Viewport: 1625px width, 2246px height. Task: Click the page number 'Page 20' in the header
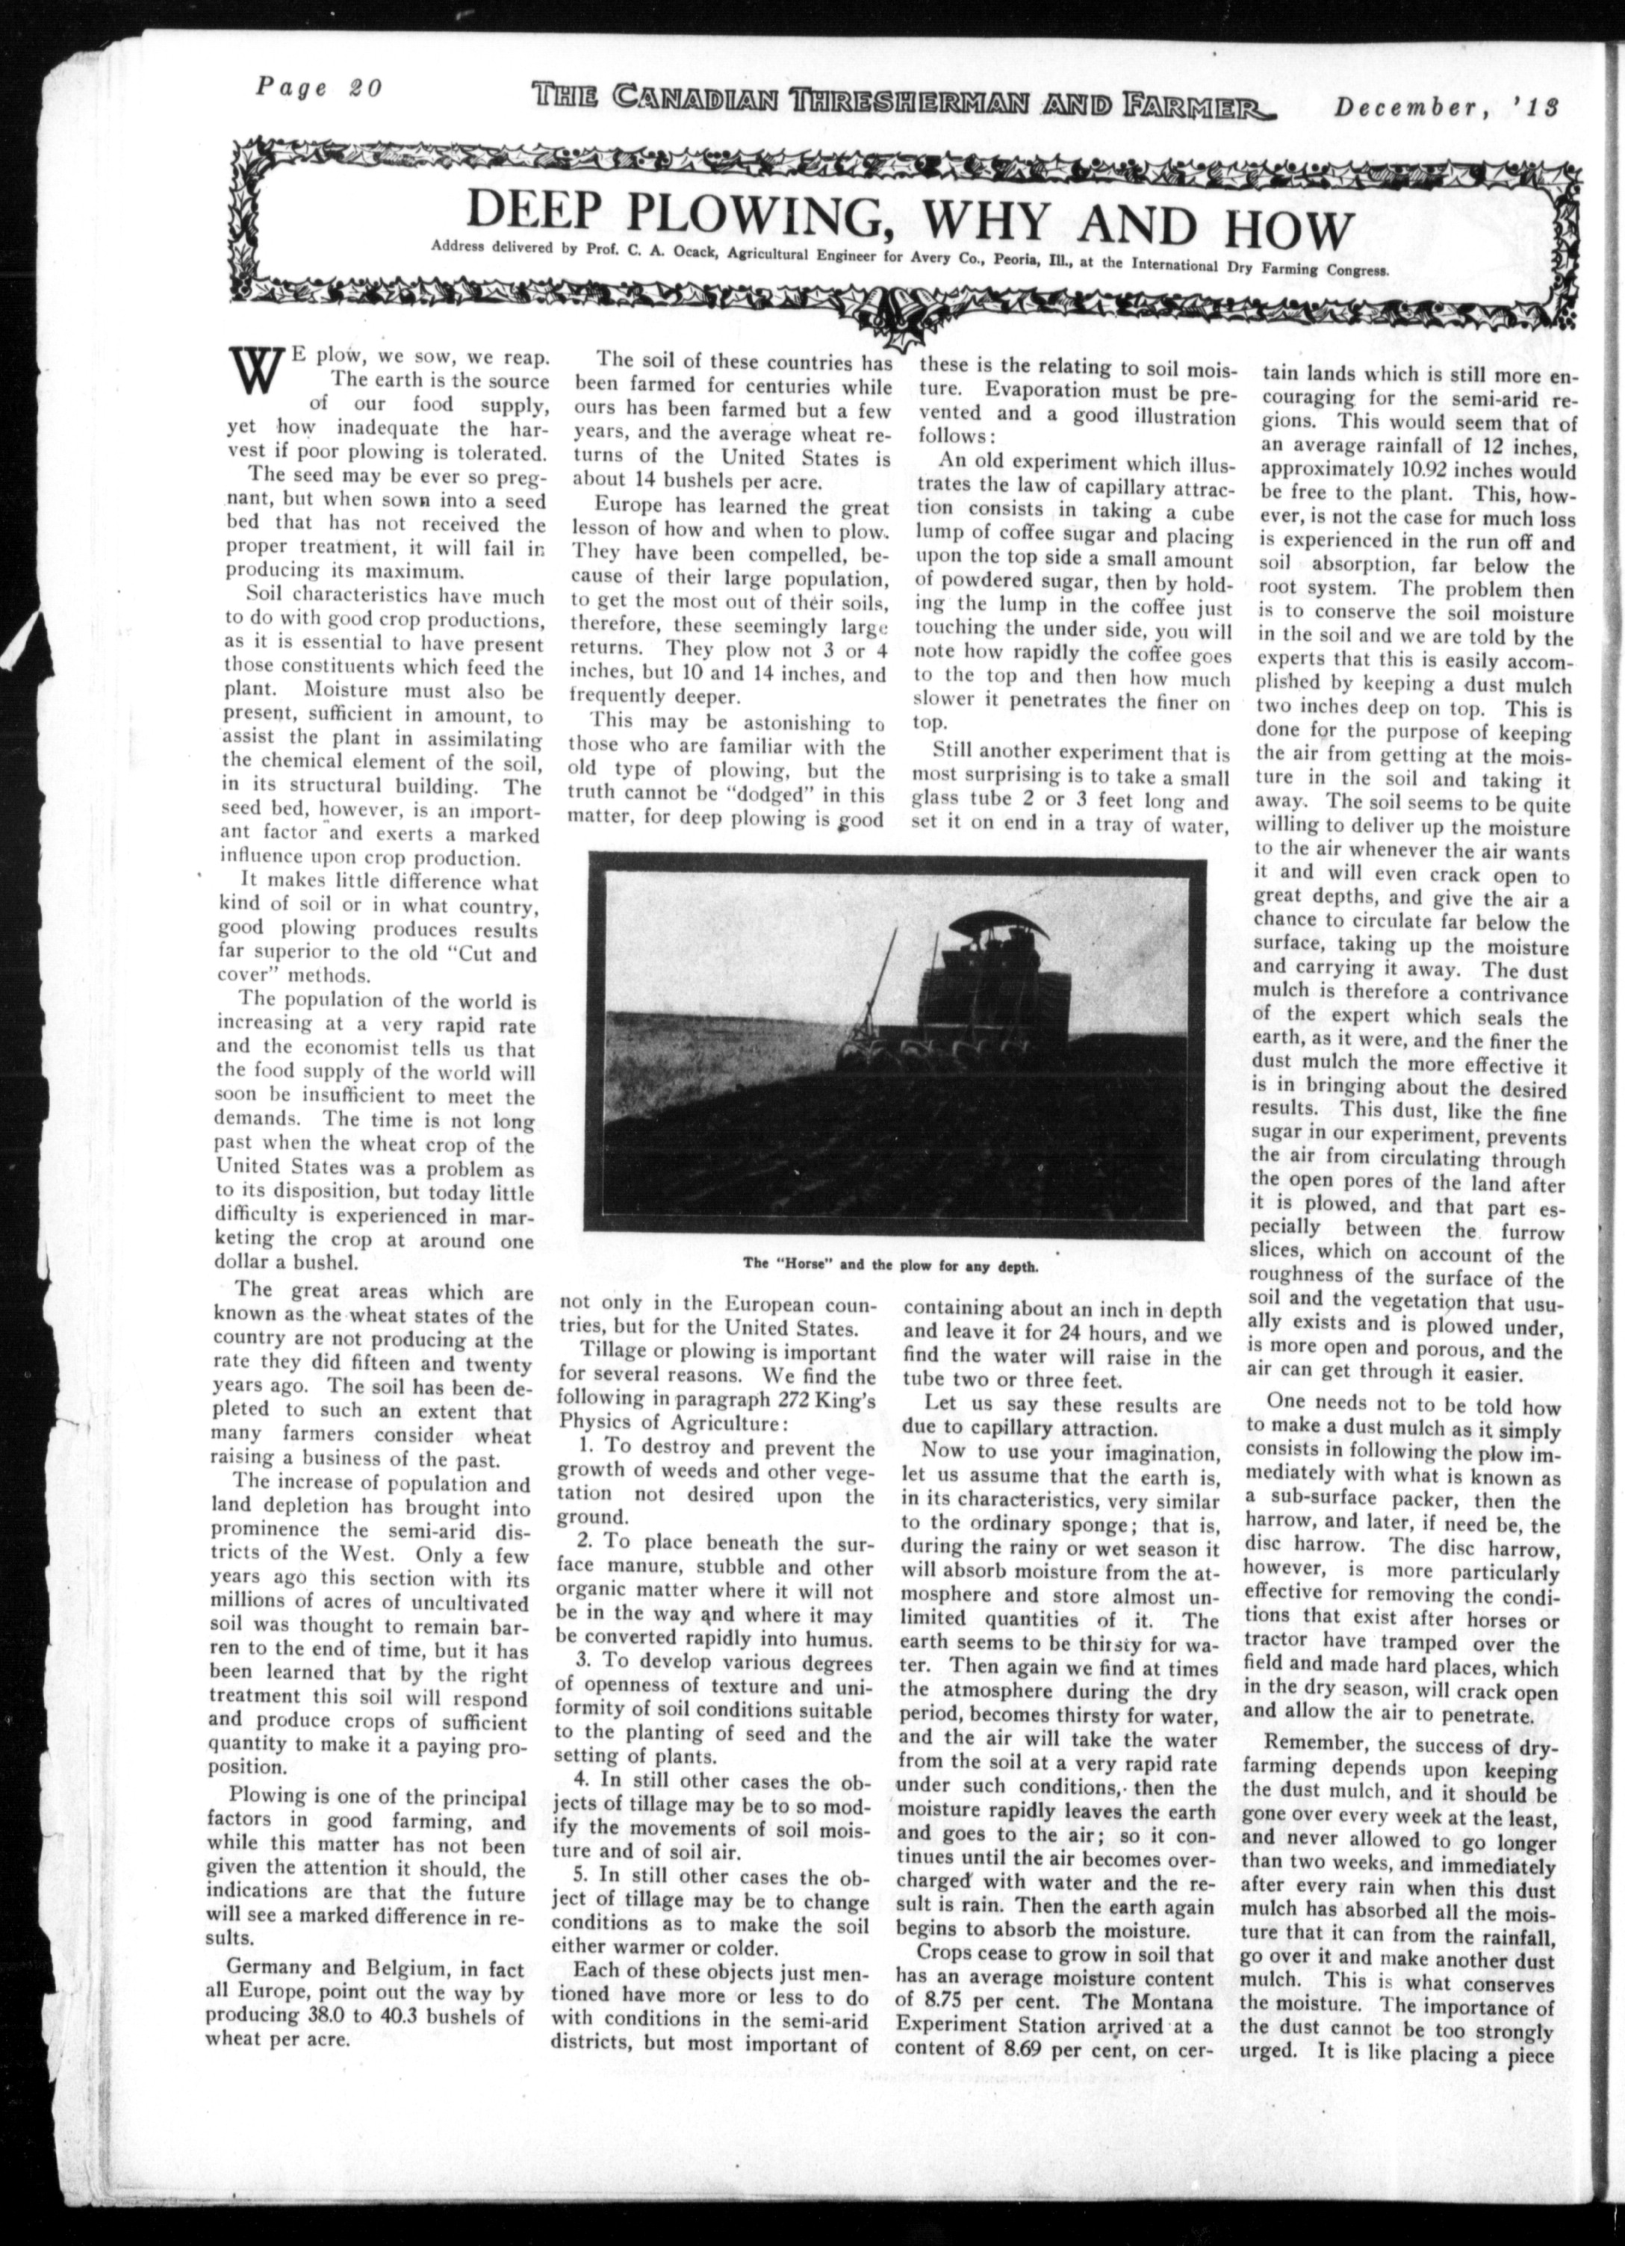click(318, 87)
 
